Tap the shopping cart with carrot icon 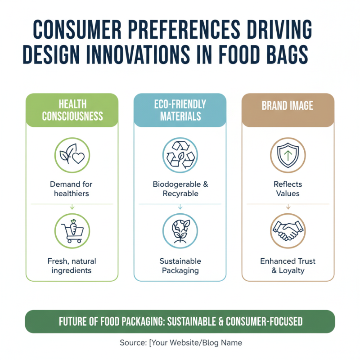(72, 230)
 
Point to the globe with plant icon (180, 230)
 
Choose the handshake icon (288, 230)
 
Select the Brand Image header (288, 106)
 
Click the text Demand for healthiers (72, 189)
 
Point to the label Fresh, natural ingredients (72, 265)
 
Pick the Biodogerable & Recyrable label (180, 189)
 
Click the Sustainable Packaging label (180, 265)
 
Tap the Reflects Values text (288, 189)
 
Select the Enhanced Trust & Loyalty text (288, 265)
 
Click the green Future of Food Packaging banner (180, 321)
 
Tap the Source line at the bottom (180, 343)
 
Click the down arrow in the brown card (288, 207)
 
